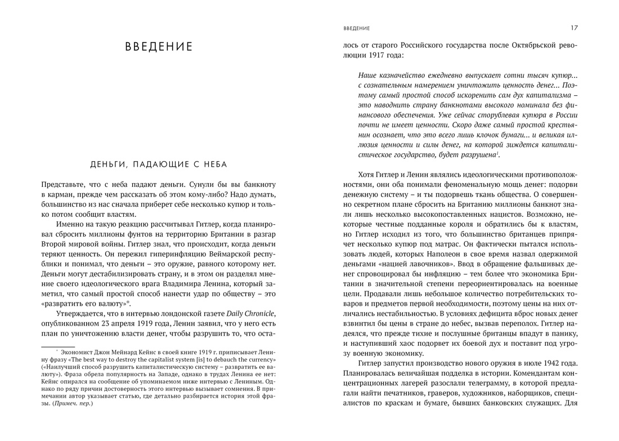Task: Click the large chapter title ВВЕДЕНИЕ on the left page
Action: [159, 47]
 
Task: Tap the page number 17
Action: [574, 28]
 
